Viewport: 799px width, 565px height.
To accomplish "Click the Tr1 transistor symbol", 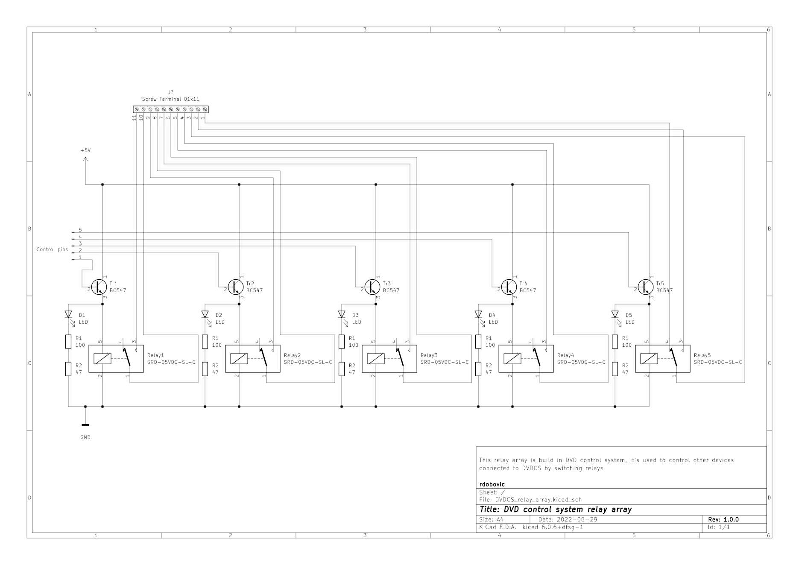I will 99,287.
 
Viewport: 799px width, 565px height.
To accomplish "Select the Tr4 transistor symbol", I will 509,287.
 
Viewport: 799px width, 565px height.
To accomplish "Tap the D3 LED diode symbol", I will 342,315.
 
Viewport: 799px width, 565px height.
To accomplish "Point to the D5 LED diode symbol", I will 615,315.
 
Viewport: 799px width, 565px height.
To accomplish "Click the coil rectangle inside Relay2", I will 239,359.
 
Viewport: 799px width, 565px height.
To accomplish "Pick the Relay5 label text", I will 702,355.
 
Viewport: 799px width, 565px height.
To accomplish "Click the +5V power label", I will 85,151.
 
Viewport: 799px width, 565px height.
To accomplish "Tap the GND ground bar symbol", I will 85,425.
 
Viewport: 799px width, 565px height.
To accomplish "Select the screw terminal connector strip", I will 171,110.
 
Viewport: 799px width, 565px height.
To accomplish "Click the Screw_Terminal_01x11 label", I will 171,99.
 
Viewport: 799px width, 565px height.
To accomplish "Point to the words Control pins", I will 52,249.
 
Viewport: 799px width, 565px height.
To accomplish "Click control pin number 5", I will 80,230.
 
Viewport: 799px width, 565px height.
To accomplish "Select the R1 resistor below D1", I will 68,342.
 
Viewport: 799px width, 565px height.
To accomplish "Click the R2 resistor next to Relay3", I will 342,369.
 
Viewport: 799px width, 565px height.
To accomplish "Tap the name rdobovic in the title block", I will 492,484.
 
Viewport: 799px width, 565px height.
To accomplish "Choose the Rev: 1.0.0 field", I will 723,520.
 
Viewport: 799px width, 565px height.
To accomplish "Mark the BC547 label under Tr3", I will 391,290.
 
